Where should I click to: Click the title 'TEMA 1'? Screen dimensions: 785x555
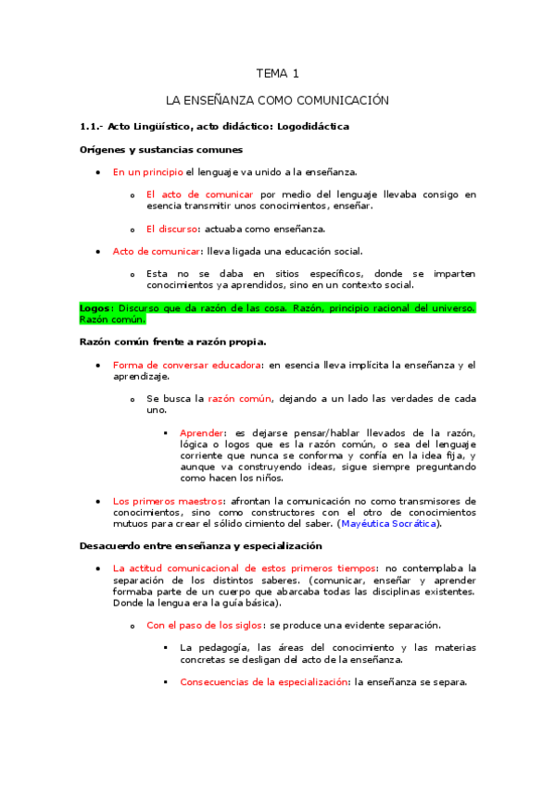tap(277, 74)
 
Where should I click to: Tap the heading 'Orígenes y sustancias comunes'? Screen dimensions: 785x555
tap(161, 149)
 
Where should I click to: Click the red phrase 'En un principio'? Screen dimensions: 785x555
tap(147, 172)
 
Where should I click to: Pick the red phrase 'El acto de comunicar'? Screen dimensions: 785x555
tap(200, 195)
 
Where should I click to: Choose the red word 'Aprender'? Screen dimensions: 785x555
tap(202, 433)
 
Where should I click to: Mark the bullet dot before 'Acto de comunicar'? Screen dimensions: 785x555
tap(98, 252)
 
